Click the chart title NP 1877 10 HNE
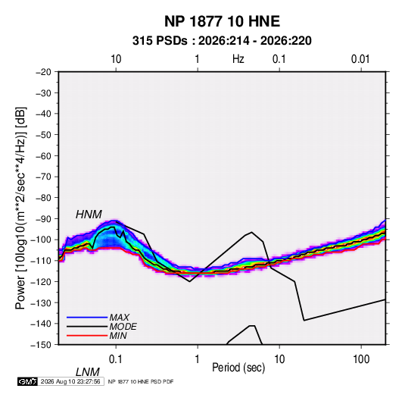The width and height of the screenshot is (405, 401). click(x=222, y=21)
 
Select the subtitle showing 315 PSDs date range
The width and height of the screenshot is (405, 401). click(x=222, y=41)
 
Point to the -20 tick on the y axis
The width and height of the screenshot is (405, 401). click(x=43, y=72)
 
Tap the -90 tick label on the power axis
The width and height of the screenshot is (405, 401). click(x=43, y=219)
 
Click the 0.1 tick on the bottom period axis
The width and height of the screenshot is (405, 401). click(x=116, y=359)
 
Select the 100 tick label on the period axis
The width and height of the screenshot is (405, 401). click(x=361, y=359)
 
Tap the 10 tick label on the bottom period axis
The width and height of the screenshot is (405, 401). click(x=279, y=359)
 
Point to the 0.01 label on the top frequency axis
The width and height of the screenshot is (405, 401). click(x=360, y=59)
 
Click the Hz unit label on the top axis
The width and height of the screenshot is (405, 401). click(x=238, y=59)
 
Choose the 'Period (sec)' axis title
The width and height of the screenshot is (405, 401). click(x=238, y=368)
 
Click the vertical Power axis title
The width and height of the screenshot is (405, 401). click(x=20, y=208)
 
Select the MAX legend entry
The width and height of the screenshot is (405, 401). click(x=120, y=318)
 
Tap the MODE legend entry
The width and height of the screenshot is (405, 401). click(x=123, y=327)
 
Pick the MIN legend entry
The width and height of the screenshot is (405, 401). click(x=118, y=336)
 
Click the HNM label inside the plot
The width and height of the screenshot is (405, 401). click(x=89, y=215)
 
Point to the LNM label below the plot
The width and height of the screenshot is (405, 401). click(x=88, y=372)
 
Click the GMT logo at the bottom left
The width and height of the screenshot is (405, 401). click(x=28, y=381)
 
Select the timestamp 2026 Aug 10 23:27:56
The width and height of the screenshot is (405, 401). click(x=70, y=381)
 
